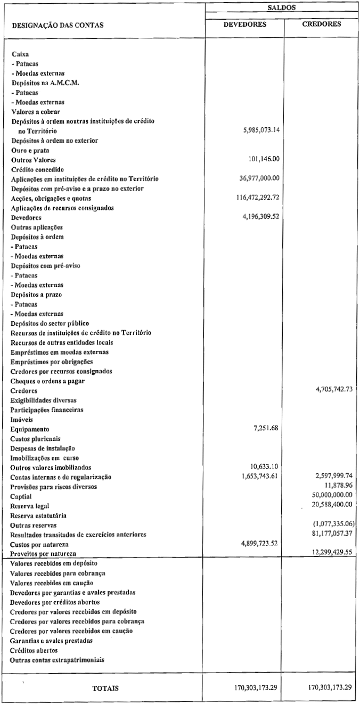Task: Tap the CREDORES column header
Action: (x=322, y=24)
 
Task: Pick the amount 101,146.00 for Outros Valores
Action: (x=265, y=159)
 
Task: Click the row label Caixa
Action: (x=20, y=54)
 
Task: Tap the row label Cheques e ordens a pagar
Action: (x=48, y=380)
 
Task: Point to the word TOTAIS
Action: (x=105, y=688)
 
